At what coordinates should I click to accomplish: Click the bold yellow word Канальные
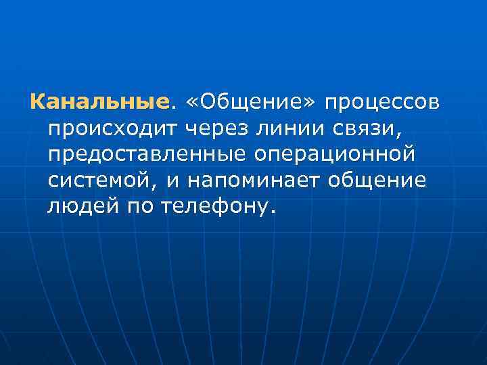pos(98,103)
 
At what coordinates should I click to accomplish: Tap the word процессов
pos(383,103)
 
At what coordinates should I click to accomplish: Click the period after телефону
pos(273,211)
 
